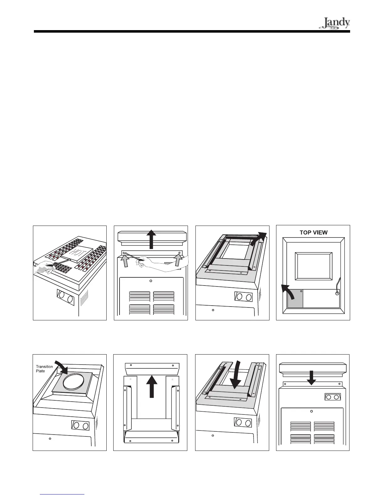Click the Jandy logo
335,24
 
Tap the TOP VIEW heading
313,232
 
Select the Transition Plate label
44,369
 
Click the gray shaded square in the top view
295,299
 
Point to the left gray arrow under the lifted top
125,261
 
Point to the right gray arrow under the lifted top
178,261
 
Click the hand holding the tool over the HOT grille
44,267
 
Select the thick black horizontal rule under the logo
192,32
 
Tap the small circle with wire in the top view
337,294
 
